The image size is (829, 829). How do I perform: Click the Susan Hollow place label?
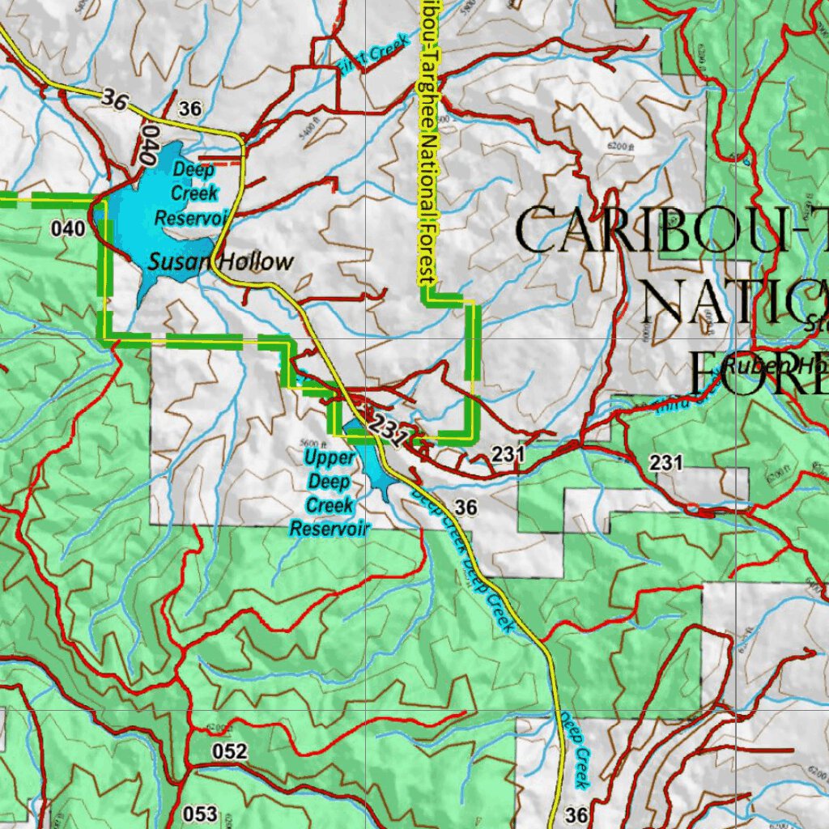point(220,261)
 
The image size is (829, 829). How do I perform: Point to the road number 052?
point(229,751)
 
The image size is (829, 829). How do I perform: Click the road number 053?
point(200,813)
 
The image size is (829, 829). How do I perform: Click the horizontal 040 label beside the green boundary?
point(67,229)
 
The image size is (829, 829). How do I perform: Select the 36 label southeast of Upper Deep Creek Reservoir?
point(466,508)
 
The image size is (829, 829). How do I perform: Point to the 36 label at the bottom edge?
point(577,814)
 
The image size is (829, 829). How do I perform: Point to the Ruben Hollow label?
point(769,365)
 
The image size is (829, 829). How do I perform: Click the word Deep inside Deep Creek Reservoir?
point(193,170)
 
